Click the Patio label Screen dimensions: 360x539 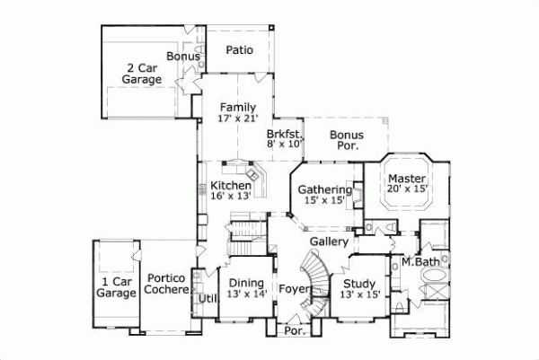coord(238,49)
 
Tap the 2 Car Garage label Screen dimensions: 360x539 coord(144,74)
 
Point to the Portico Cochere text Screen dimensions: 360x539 coord(167,284)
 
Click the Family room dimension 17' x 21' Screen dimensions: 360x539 coord(238,119)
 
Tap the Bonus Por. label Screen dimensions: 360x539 coord(346,141)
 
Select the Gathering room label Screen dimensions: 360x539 coord(324,189)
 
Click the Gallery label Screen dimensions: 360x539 coord(329,242)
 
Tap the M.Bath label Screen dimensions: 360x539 coord(419,261)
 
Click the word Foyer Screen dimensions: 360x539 coord(294,289)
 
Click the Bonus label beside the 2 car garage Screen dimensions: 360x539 coord(182,57)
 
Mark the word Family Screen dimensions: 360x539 coord(237,108)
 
